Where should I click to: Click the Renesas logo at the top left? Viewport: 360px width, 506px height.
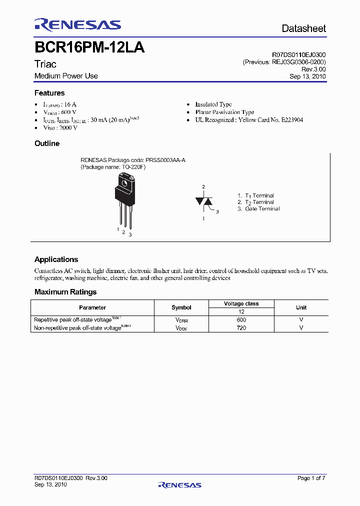tap(77, 25)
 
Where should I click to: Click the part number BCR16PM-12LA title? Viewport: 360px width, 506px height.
tap(89, 47)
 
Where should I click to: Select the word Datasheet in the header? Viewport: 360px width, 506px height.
tap(303, 28)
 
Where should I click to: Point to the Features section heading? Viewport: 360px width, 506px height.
tap(49, 93)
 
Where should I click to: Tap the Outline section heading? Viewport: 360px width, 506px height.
tap(47, 143)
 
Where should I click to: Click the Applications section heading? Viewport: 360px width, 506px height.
tap(56, 259)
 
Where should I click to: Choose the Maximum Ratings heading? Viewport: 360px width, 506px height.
tap(65, 292)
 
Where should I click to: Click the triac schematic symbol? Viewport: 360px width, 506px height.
tap(204, 201)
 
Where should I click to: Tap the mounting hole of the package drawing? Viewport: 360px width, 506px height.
tap(125, 182)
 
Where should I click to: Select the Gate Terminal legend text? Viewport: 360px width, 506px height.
tap(262, 209)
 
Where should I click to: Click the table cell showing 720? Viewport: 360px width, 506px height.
tap(241, 328)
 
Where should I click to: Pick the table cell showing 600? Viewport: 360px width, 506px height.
tap(241, 319)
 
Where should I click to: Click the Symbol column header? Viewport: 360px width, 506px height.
tap(181, 307)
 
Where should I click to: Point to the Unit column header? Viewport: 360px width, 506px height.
tap(301, 307)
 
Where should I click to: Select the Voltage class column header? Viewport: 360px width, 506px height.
tap(241, 303)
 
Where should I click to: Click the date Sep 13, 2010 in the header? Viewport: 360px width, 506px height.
tap(307, 76)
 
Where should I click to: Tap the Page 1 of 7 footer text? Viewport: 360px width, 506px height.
tap(311, 478)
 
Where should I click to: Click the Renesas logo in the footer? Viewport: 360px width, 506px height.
tap(179, 485)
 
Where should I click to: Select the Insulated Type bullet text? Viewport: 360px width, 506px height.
tap(213, 104)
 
